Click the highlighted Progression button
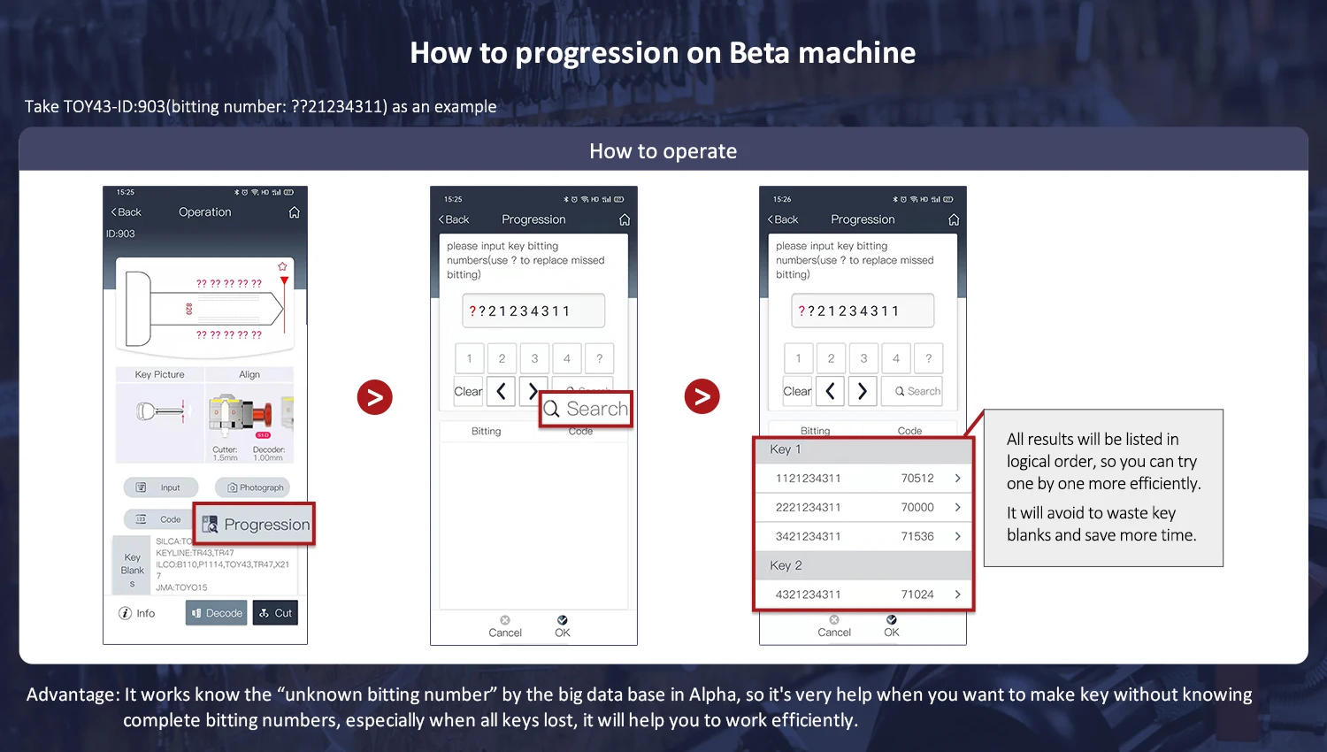[255, 525]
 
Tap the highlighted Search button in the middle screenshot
[586, 409]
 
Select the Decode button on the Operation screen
[216, 613]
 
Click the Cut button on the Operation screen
[275, 613]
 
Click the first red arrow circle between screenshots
[374, 397]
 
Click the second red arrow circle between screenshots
[702, 396]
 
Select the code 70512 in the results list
[917, 478]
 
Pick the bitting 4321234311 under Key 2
[808, 595]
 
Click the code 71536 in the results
[917, 536]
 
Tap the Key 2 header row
[863, 565]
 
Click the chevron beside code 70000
[957, 507]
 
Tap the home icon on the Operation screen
[295, 212]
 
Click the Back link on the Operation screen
[126, 212]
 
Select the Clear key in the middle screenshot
[468, 391]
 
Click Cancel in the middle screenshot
[505, 626]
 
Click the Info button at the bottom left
[137, 613]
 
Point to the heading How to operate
[663, 151]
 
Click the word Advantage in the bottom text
[71, 694]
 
